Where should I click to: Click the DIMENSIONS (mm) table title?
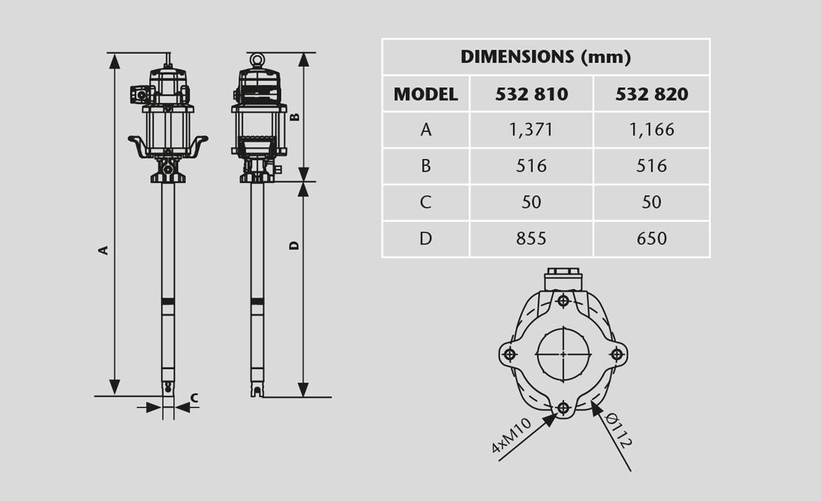546,57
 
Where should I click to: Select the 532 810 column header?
531,94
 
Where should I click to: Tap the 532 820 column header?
651,94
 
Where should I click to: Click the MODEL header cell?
426,94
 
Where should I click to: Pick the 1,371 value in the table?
531,130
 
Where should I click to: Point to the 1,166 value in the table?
651,130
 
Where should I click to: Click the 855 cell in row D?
531,238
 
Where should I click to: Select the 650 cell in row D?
651,238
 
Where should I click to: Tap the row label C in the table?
426,202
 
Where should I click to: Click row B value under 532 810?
531,166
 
